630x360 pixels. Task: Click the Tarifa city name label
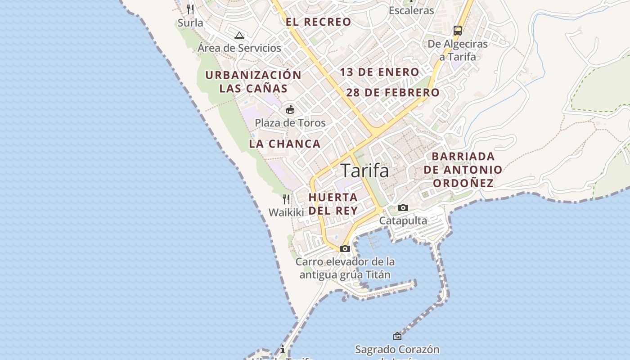[364, 171]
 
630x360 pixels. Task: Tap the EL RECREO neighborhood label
[318, 22]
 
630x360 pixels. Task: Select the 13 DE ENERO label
[379, 72]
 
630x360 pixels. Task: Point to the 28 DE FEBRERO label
[393, 93]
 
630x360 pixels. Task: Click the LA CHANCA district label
[285, 144]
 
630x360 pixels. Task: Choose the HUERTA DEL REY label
[333, 204]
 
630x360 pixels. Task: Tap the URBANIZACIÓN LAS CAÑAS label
[253, 81]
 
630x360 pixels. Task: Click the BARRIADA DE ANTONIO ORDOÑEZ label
[463, 170]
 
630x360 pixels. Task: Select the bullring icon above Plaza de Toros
[290, 109]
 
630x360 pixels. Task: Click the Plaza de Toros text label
[290, 122]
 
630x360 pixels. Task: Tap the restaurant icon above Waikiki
[286, 199]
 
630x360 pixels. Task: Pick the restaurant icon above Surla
[190, 9]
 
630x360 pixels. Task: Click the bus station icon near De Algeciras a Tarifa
[458, 31]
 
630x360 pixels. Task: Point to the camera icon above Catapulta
[403, 207]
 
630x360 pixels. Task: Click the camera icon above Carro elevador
[345, 248]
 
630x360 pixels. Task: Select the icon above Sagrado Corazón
[397, 336]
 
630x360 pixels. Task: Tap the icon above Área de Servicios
[239, 35]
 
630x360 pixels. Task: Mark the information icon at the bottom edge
[282, 349]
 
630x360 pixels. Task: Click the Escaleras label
[411, 10]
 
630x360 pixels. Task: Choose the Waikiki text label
[286, 212]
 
